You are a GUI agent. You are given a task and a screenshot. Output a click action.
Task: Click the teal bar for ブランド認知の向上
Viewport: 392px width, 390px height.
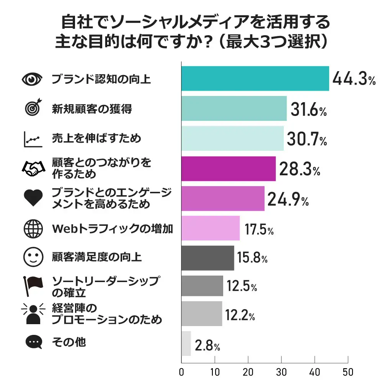(255, 78)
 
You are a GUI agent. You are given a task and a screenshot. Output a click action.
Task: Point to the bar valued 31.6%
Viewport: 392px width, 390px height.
(234, 108)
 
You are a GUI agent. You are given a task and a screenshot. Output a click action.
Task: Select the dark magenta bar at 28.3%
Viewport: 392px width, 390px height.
(229, 168)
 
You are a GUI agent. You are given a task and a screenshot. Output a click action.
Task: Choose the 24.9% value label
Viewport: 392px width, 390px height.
(288, 199)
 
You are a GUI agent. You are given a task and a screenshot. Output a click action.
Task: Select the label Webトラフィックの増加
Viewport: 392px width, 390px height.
(113, 229)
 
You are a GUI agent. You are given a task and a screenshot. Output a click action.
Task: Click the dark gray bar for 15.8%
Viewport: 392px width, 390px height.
(207, 258)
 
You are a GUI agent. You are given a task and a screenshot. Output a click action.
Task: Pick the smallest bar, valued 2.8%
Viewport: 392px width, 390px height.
(186, 343)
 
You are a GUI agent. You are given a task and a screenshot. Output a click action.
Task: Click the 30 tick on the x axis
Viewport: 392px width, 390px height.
(281, 372)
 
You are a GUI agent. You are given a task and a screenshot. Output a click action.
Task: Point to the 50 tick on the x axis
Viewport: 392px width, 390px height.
(348, 372)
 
